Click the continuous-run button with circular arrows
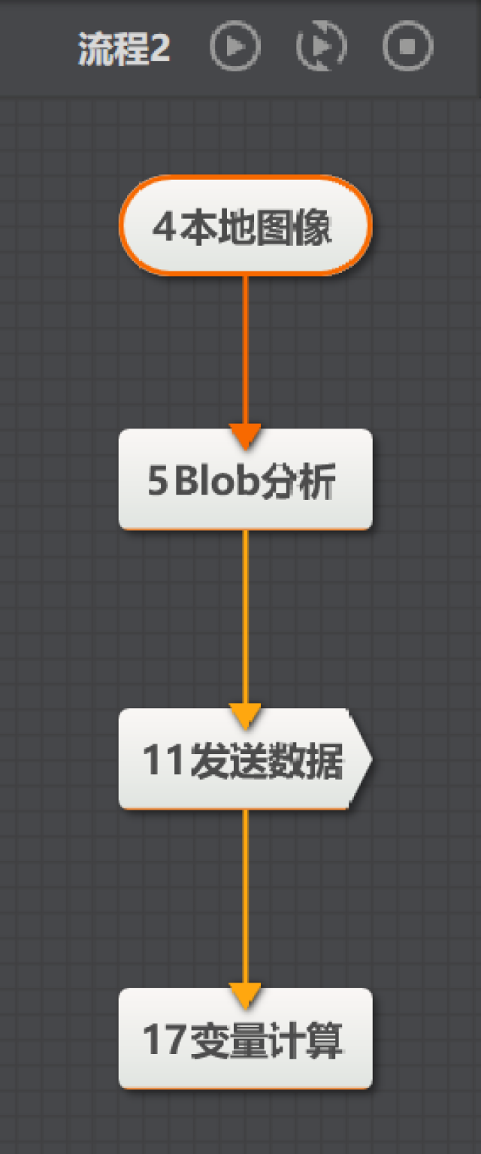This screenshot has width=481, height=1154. click(322, 46)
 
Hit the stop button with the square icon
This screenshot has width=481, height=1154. click(407, 46)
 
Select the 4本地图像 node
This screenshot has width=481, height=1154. click(246, 226)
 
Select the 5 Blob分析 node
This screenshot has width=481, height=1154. click(246, 479)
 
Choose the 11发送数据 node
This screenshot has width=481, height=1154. click(246, 759)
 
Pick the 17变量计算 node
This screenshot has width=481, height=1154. click(246, 1038)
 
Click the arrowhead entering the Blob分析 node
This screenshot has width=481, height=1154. click(245, 437)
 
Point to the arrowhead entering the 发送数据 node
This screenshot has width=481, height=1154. click(245, 716)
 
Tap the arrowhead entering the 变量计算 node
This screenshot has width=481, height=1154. click(245, 996)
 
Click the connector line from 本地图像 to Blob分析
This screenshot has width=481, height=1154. click(245, 350)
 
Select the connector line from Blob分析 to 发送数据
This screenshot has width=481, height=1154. click(245, 617)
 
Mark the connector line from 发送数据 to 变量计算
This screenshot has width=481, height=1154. click(245, 897)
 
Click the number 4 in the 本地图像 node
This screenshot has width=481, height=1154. click(165, 227)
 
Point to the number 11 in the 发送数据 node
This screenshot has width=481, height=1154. click(163, 760)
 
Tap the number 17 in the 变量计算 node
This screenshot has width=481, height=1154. click(163, 1040)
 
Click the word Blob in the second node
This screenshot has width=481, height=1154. click(216, 480)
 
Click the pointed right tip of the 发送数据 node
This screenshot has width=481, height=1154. click(371, 759)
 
